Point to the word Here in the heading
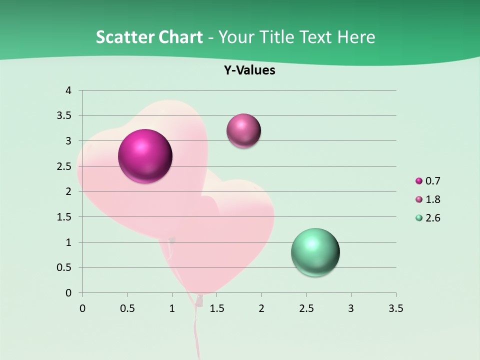(355, 37)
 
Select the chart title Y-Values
(249, 70)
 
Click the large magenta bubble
(145, 156)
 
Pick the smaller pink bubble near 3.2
(243, 131)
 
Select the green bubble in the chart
(315, 252)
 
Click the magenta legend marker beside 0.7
(419, 181)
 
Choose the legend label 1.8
(432, 199)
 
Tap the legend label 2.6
(432, 218)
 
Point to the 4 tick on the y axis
(69, 90)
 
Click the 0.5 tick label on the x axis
(127, 308)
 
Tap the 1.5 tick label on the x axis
(216, 308)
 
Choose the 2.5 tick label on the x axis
(306, 308)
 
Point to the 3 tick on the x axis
(351, 308)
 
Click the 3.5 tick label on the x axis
(395, 308)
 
